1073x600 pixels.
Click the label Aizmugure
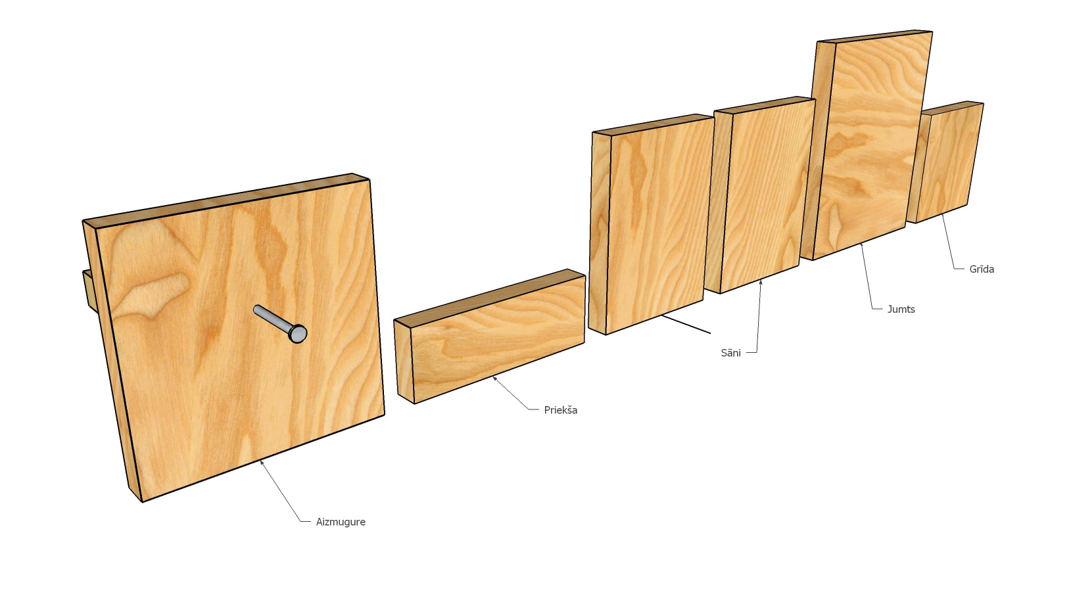tap(340, 522)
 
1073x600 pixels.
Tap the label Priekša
tap(560, 410)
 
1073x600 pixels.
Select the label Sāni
tap(730, 353)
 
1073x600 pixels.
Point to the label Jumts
tap(901, 310)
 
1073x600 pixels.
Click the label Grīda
tap(982, 269)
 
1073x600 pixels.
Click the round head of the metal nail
tap(298, 333)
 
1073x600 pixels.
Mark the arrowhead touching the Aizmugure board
tap(262, 462)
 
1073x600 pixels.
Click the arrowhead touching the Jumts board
tap(862, 245)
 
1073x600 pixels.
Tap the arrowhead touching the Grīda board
tap(943, 216)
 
